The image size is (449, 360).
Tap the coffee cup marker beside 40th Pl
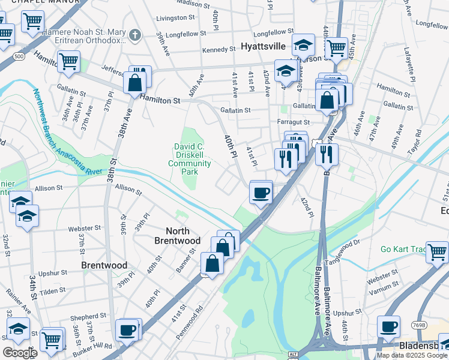[261, 193]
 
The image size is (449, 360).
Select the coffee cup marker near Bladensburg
[388, 327]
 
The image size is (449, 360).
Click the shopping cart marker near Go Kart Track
[437, 251]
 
